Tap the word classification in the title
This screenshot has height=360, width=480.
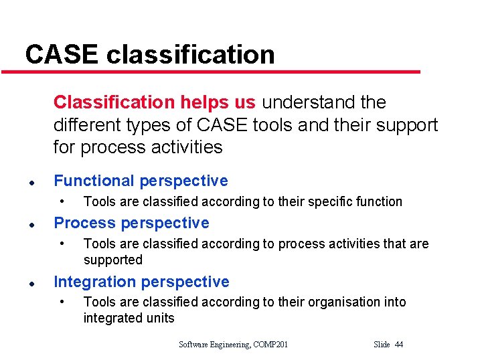point(190,54)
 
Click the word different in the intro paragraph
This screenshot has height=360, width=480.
point(84,125)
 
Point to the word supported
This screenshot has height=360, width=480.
point(113,260)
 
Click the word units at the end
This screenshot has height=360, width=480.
point(159,318)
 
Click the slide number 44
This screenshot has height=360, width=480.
point(399,345)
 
